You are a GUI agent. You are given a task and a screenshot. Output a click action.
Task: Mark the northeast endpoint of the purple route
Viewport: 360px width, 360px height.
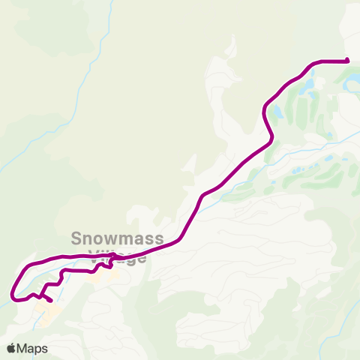[x=348, y=60]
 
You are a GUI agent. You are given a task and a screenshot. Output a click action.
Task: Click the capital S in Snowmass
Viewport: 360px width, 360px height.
[x=76, y=238]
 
